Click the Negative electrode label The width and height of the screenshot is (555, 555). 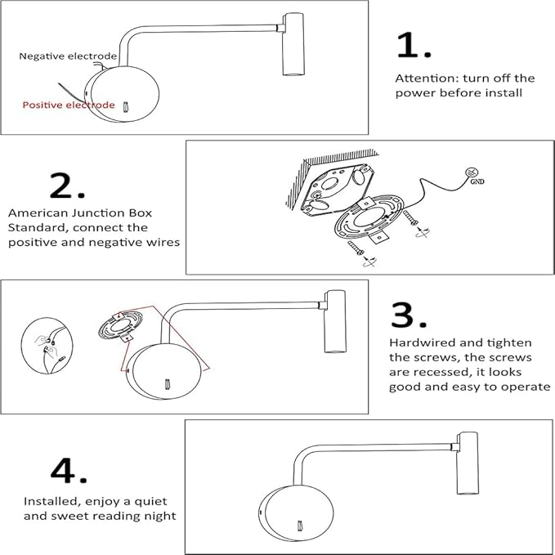(68, 56)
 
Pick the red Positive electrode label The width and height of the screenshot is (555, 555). (69, 105)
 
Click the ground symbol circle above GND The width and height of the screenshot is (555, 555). (471, 172)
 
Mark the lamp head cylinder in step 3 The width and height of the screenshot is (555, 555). (333, 321)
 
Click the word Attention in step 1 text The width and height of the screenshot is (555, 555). (424, 78)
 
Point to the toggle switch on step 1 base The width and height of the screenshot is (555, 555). (125, 106)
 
